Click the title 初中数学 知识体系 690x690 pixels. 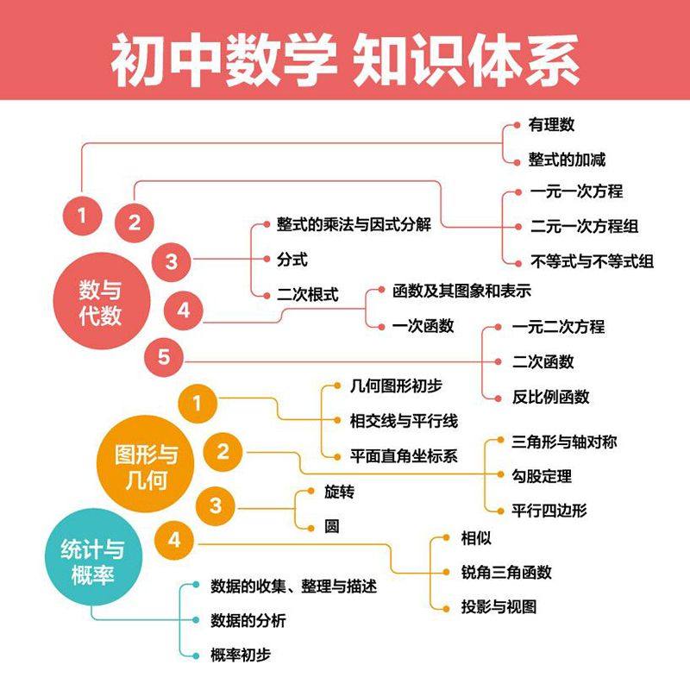pyautogui.click(x=345, y=60)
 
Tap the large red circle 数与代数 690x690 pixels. pyautogui.click(x=101, y=301)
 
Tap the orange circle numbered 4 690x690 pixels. pyautogui.click(x=175, y=541)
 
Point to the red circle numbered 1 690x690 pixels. pyautogui.click(x=83, y=215)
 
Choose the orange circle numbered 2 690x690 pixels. pyautogui.click(x=223, y=451)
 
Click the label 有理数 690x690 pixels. pyautogui.click(x=551, y=125)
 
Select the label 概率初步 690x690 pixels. pyautogui.click(x=241, y=655)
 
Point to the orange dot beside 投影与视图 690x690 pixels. pyautogui.click(x=445, y=606)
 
